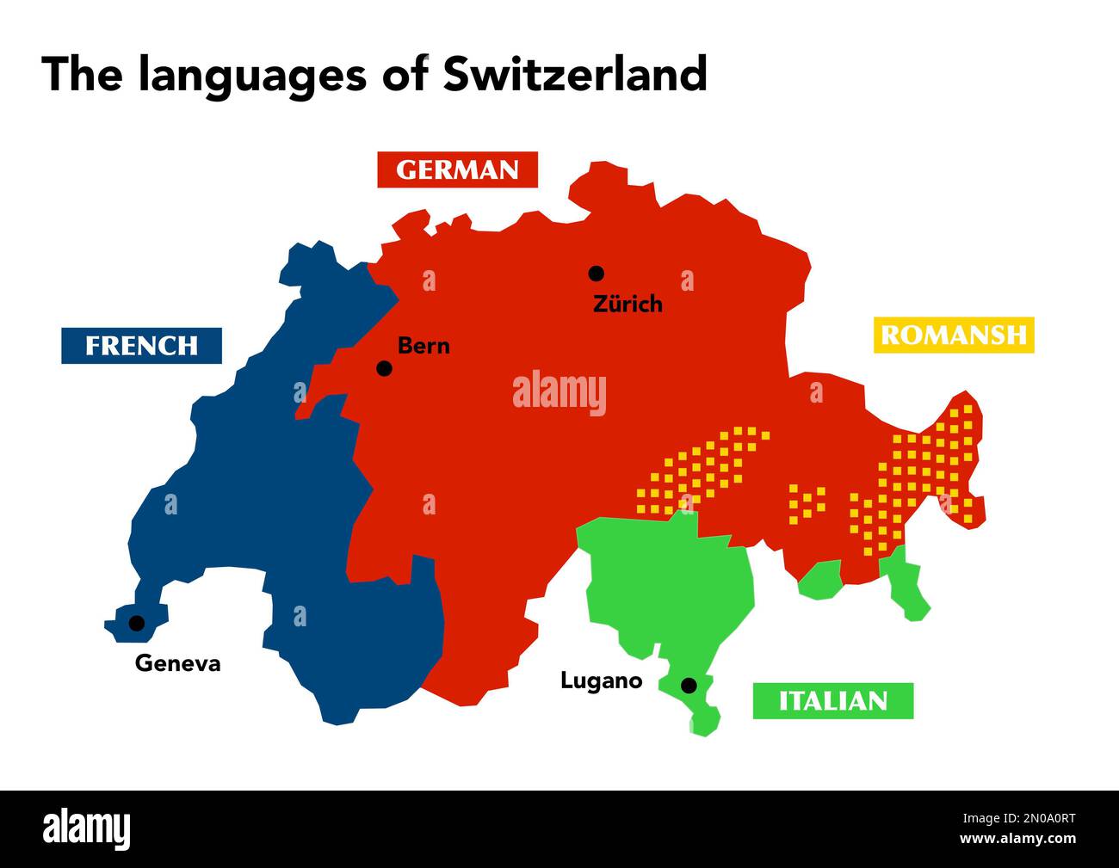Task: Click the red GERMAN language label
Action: pyautogui.click(x=457, y=170)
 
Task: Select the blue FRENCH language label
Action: pyautogui.click(x=141, y=346)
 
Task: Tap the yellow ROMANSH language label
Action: pyautogui.click(x=954, y=335)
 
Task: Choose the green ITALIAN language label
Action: pyautogui.click(x=832, y=701)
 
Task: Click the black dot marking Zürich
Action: pyautogui.click(x=596, y=274)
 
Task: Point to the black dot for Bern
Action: pyautogui.click(x=385, y=368)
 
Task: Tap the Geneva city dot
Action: pyautogui.click(x=136, y=623)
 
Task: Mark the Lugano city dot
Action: pyautogui.click(x=689, y=686)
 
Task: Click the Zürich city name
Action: pyautogui.click(x=628, y=304)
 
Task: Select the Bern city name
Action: pyautogui.click(x=423, y=346)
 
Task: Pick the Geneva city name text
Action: pyautogui.click(x=177, y=663)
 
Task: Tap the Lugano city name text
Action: pyautogui.click(x=601, y=680)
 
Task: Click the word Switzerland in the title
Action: pyautogui.click(x=575, y=74)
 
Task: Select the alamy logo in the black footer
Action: pyautogui.click(x=87, y=829)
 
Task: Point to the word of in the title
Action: pyautogui.click(x=405, y=74)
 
